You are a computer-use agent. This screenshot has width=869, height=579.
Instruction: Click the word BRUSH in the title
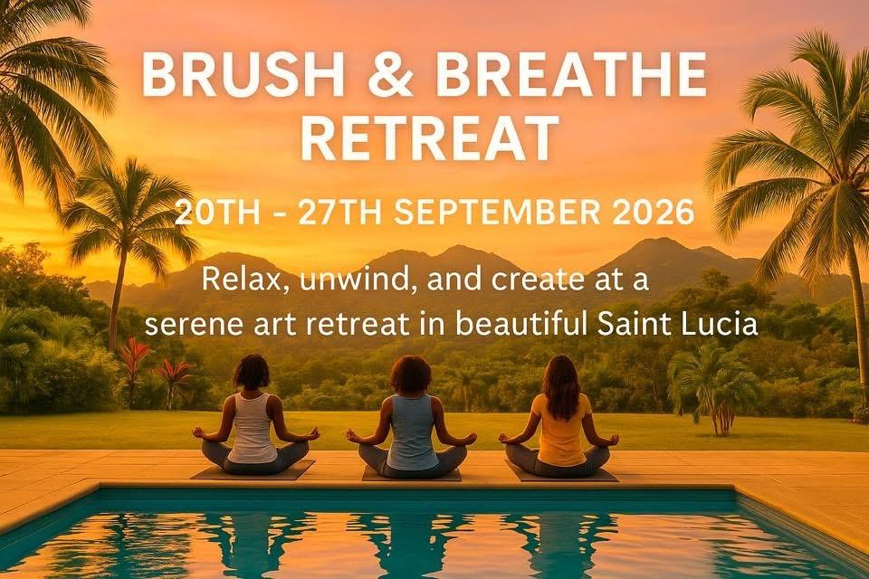(244, 75)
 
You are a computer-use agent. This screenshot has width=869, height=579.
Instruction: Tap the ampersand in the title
(390, 75)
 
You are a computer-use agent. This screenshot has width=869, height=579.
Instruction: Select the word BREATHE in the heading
(571, 75)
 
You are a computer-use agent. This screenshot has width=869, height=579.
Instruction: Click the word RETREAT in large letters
(428, 138)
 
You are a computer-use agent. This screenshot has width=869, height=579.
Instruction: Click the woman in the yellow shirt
(559, 417)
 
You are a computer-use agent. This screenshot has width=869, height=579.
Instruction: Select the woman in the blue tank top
(411, 417)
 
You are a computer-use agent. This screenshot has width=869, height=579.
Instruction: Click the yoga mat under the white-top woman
(253, 470)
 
